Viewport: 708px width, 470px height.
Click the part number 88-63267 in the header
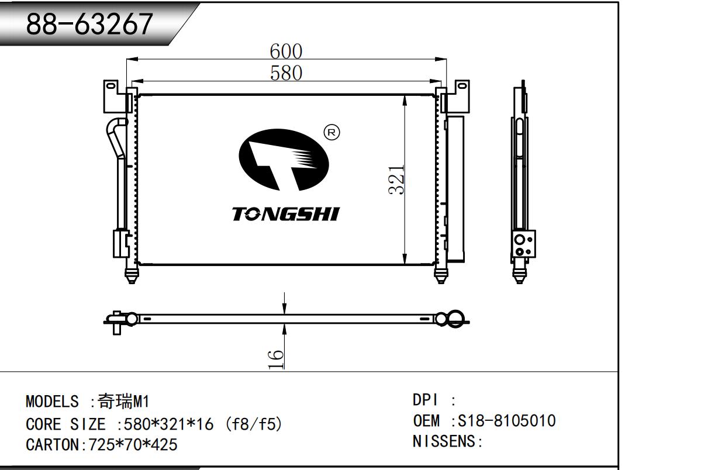pyautogui.click(x=89, y=24)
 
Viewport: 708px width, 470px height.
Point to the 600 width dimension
pyautogui.click(x=286, y=51)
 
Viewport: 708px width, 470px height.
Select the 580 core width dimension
pyautogui.click(x=286, y=73)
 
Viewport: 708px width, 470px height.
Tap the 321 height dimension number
pyautogui.click(x=396, y=179)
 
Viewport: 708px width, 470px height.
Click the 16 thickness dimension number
pyautogui.click(x=276, y=360)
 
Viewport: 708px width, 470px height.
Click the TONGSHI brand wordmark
pyautogui.click(x=286, y=214)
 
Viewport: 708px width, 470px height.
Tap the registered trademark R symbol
pyautogui.click(x=331, y=133)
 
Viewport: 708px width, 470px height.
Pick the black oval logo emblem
pyautogui.click(x=284, y=160)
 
